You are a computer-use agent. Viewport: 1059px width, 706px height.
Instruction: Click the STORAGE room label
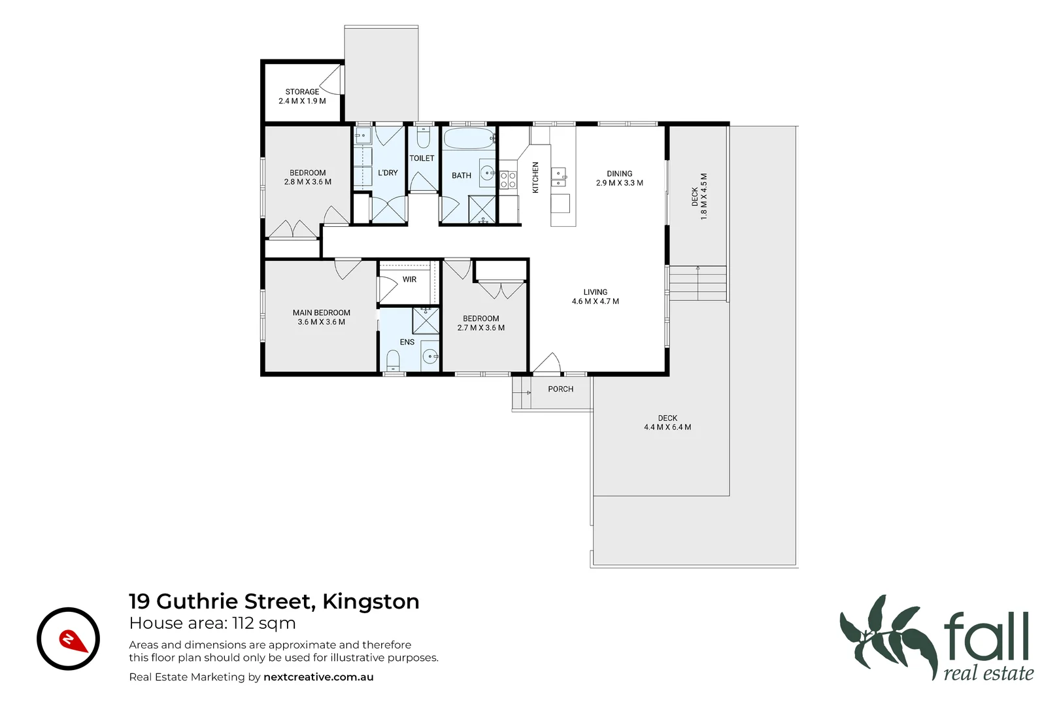pyautogui.click(x=302, y=92)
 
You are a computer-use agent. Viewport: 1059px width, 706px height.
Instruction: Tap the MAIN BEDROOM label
pyautogui.click(x=321, y=312)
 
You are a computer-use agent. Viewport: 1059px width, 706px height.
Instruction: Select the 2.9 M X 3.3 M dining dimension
pyautogui.click(x=619, y=183)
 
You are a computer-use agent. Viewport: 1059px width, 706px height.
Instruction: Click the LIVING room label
pyautogui.click(x=595, y=292)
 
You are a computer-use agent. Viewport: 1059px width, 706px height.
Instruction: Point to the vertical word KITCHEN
pyautogui.click(x=535, y=177)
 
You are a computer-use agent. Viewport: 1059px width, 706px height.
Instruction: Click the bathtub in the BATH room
pyautogui.click(x=469, y=139)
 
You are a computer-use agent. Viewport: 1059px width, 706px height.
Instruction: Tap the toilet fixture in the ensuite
pyautogui.click(x=393, y=360)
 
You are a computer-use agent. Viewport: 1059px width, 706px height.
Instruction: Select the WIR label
pyautogui.click(x=409, y=279)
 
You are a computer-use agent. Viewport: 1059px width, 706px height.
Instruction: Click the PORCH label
pyautogui.click(x=560, y=389)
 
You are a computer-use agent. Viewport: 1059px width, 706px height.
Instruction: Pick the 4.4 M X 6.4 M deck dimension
pyautogui.click(x=667, y=428)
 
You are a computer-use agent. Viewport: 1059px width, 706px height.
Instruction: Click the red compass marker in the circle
pyautogui.click(x=73, y=641)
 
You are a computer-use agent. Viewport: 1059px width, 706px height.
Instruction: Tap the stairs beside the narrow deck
pyautogui.click(x=698, y=282)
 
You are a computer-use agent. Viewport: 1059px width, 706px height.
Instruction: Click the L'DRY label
pyautogui.click(x=388, y=173)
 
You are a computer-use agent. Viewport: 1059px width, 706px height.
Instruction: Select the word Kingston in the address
pyautogui.click(x=371, y=601)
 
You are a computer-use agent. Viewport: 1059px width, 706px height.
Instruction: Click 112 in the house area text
pyautogui.click(x=243, y=623)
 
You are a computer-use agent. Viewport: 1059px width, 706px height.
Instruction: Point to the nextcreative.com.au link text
pyautogui.click(x=318, y=677)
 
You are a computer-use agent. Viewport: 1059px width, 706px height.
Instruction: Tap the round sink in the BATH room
pyautogui.click(x=488, y=173)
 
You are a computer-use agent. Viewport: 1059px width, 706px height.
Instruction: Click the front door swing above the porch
pyautogui.click(x=548, y=363)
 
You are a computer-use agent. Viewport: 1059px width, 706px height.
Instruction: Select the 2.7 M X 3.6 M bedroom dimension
pyautogui.click(x=480, y=328)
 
